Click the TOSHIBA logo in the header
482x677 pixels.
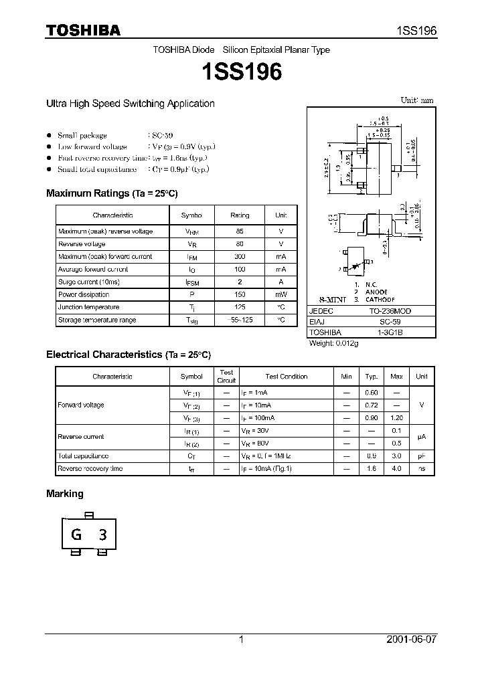[82, 29]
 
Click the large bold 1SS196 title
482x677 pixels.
[241, 72]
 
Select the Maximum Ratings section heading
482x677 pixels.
[111, 193]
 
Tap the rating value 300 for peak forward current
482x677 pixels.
[240, 257]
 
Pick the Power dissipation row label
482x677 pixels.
[83, 294]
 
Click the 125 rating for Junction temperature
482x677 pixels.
[240, 307]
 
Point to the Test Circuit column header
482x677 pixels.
[226, 376]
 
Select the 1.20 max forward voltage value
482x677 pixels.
[396, 418]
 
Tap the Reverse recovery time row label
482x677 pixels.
[90, 469]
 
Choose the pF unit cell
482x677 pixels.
[421, 456]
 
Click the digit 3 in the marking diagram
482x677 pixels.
[102, 535]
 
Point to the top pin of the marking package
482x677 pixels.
[89, 515]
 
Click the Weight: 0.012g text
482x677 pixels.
[334, 343]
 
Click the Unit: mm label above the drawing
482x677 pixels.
[416, 100]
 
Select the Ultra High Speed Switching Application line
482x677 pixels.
[130, 104]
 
